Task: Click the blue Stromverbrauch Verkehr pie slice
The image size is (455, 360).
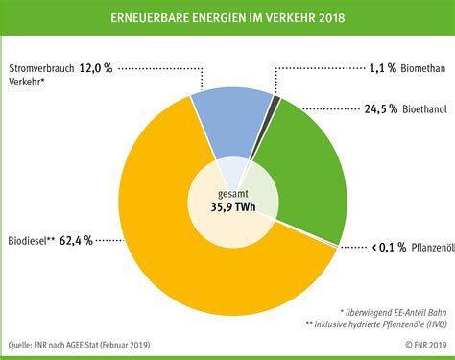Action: tap(232, 122)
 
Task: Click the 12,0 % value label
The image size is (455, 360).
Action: tap(96, 68)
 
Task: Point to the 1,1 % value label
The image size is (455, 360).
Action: tap(383, 68)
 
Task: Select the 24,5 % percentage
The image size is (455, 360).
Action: tap(381, 109)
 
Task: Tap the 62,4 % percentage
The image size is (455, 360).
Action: tap(76, 240)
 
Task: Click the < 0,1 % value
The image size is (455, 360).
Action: tap(390, 247)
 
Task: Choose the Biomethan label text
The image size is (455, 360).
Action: tap(423, 68)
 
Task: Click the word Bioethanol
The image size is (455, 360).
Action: tap(424, 109)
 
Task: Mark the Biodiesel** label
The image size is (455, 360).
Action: tap(32, 241)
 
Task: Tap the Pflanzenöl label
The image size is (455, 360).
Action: tap(433, 248)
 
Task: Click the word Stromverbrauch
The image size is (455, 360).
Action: tap(41, 68)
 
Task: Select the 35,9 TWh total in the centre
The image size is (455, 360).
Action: tap(233, 206)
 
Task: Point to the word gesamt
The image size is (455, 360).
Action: tap(233, 194)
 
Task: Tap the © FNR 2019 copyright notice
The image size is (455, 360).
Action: tap(426, 345)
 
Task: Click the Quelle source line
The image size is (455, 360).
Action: tap(79, 345)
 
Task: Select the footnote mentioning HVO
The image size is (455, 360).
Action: tap(376, 324)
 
